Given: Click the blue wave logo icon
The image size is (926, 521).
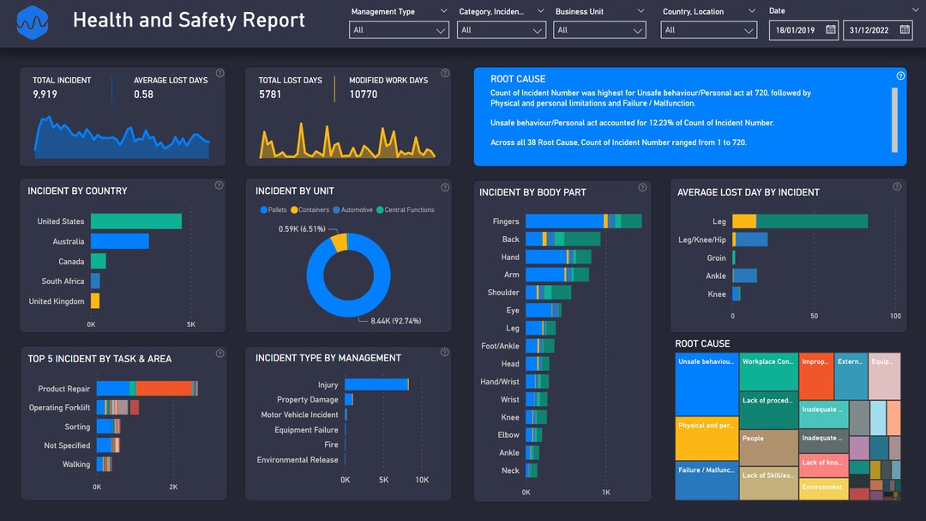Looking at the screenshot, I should tap(33, 22).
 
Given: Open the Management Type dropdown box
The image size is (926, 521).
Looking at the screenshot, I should tap(399, 30).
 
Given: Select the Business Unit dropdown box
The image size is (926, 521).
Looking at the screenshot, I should tap(599, 30).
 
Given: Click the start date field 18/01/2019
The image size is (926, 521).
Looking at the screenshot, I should tap(803, 30).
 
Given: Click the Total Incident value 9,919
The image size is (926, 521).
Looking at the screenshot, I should tap(45, 94).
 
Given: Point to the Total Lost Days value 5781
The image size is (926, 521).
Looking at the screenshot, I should tap(270, 94).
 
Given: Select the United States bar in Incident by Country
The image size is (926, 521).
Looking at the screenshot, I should tap(136, 221).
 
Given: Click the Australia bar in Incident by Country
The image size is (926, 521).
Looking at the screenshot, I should tap(120, 241).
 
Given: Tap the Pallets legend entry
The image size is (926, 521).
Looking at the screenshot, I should tap(276, 210).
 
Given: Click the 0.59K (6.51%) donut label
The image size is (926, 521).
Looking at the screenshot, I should tap(302, 229).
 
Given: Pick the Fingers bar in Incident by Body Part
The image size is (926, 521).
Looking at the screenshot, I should tap(583, 221).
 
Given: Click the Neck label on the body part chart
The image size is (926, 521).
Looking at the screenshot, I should tap(510, 470).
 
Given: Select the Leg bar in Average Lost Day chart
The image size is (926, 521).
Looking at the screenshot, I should tap(799, 221).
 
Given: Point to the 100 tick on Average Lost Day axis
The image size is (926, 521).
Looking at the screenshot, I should tap(895, 316).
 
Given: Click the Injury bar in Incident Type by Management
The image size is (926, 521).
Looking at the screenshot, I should tap(376, 385).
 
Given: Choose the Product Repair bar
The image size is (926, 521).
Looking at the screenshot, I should tap(147, 389).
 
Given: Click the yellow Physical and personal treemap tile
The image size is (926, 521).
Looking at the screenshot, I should tap(707, 439).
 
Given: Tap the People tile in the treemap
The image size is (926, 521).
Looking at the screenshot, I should tap(768, 447).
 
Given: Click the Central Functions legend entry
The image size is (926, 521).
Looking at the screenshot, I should tap(408, 210).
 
